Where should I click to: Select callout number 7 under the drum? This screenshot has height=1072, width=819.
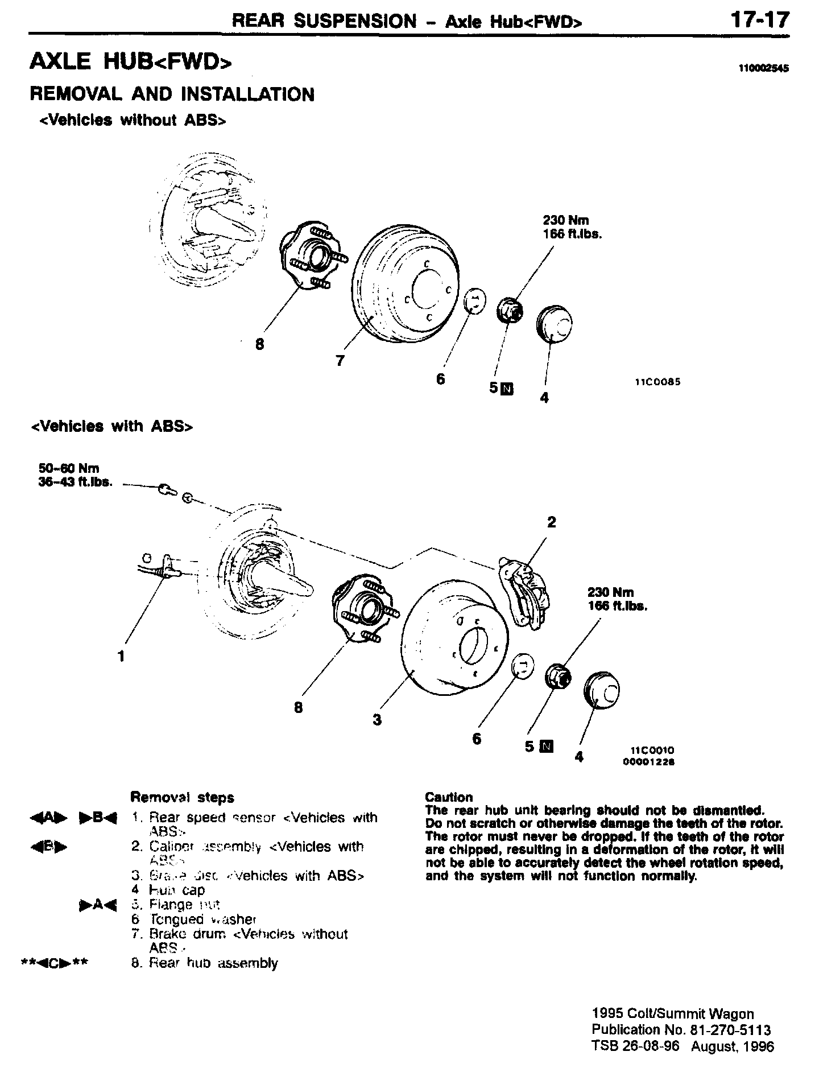[x=340, y=361]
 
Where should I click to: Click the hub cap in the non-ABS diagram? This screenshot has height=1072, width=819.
[x=555, y=325]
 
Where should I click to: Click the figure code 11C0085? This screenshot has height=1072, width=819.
[x=657, y=382]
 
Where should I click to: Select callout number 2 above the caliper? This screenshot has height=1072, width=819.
[x=551, y=522]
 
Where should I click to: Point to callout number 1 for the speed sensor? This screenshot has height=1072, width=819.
[x=121, y=656]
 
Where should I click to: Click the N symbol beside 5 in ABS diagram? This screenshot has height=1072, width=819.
[x=547, y=746]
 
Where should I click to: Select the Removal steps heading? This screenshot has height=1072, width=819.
[x=182, y=797]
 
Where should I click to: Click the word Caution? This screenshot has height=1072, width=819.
[x=449, y=797]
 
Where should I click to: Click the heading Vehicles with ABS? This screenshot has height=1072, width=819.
[x=111, y=427]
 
